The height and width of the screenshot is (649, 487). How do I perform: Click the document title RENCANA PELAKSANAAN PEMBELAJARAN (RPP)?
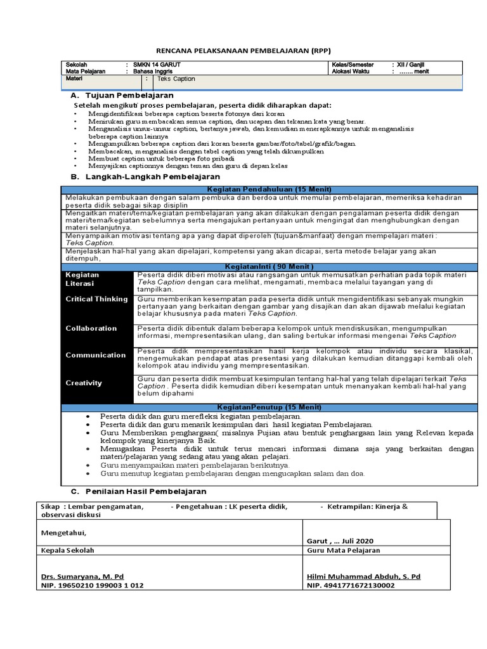click(243, 51)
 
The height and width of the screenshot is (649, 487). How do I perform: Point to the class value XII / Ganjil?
click(412, 65)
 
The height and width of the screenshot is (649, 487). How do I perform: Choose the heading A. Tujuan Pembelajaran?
click(123, 94)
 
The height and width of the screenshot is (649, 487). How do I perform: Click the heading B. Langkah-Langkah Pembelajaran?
click(145, 176)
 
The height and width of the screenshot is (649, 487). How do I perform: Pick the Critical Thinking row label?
click(96, 299)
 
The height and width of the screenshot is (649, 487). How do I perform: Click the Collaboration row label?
click(91, 328)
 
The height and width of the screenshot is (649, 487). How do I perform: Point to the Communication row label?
click(96, 355)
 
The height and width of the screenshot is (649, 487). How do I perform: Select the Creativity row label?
click(84, 383)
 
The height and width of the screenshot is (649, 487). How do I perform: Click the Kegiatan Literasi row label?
click(82, 280)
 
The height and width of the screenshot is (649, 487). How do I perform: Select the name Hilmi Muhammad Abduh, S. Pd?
click(363, 576)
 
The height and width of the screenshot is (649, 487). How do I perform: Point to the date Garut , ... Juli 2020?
click(339, 541)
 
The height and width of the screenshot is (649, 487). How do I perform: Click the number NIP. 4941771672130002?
click(351, 586)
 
